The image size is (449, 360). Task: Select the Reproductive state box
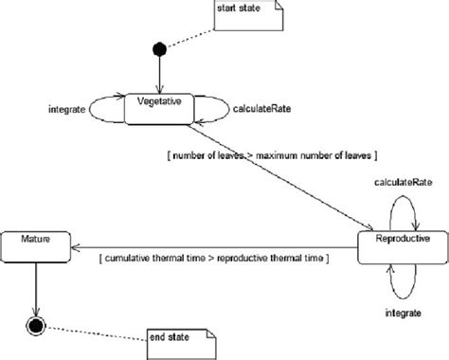[x=403, y=243]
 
